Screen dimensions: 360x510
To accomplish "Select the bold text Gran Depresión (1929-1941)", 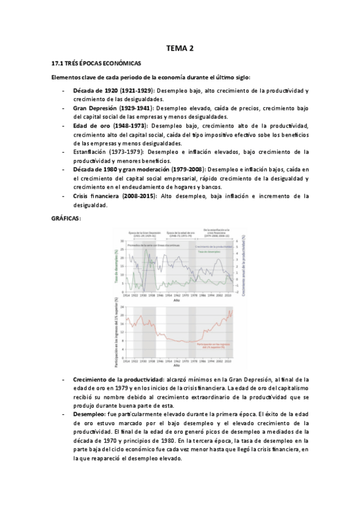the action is tap(112, 108).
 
